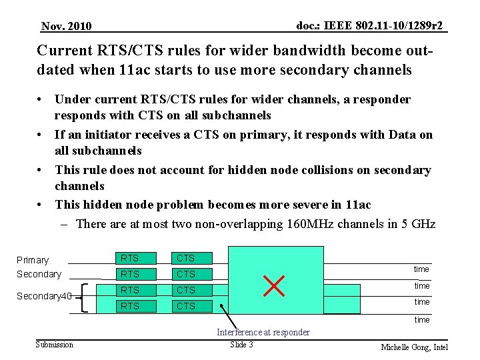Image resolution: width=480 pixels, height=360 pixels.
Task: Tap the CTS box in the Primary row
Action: pos(186,258)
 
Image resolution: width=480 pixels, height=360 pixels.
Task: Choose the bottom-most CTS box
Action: pos(186,306)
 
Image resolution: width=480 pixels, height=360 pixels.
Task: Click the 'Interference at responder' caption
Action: pos(263,332)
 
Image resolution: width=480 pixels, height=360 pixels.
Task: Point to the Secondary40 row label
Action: pos(44,296)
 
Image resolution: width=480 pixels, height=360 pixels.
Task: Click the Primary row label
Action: pos(33,260)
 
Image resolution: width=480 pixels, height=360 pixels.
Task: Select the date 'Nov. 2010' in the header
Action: pos(66,27)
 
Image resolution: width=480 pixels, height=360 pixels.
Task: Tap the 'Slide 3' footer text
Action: pos(241,344)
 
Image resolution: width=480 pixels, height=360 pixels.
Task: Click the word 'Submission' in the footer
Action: pos(55,344)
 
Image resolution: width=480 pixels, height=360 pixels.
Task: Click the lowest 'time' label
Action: pos(421,320)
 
